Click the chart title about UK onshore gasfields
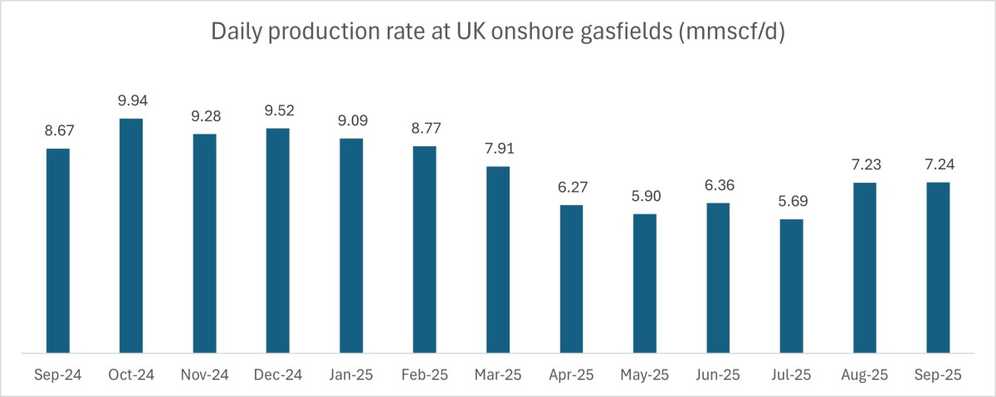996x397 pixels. pyautogui.click(x=497, y=32)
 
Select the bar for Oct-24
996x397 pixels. pyautogui.click(x=131, y=236)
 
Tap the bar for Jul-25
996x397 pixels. pyautogui.click(x=791, y=287)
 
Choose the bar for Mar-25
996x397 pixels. pyautogui.click(x=498, y=260)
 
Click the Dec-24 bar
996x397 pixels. pyautogui.click(x=278, y=241)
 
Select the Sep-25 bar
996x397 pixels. pyautogui.click(x=938, y=268)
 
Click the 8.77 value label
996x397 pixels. pyautogui.click(x=424, y=130)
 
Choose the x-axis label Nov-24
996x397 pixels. pyautogui.click(x=204, y=375)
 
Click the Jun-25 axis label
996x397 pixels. pyautogui.click(x=718, y=375)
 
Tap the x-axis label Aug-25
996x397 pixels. pyautogui.click(x=865, y=375)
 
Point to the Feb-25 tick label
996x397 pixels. pyautogui.click(x=424, y=375)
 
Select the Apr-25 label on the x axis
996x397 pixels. pyautogui.click(x=571, y=375)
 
